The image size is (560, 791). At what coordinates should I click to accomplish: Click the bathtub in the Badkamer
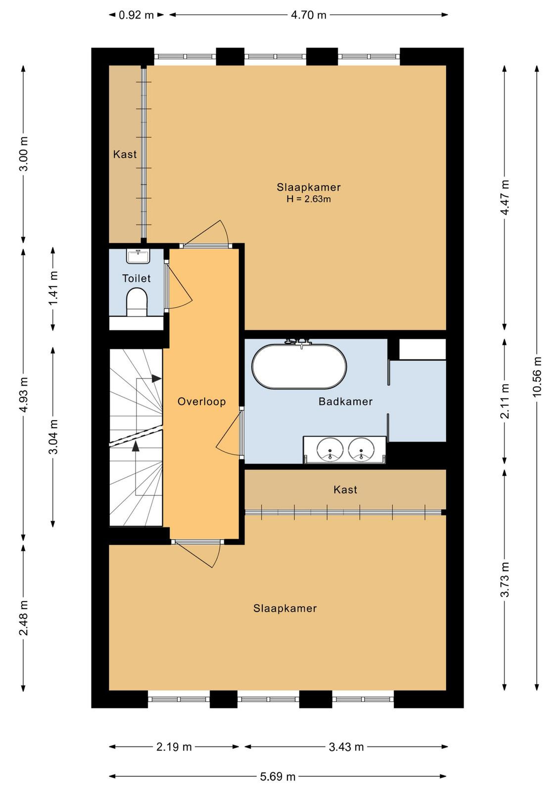pos(299,366)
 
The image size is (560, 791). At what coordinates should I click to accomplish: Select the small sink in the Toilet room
pos(139,256)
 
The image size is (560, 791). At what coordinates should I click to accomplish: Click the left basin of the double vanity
pos(330,449)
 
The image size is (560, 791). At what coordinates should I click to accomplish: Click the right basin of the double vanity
pos(362,449)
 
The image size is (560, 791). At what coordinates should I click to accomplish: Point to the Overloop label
pos(201,401)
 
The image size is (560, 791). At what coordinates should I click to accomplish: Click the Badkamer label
pos(345,401)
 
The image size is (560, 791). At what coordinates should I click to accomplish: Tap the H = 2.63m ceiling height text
pos(308,199)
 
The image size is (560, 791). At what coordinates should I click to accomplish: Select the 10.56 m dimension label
pos(537,377)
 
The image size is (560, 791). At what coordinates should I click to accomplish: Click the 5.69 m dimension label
pos(278,777)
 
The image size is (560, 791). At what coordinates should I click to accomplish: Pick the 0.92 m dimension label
pos(136,15)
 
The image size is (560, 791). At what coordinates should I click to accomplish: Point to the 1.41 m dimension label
pos(53,289)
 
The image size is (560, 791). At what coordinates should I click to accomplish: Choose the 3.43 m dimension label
pos(346,747)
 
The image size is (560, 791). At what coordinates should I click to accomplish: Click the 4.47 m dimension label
pos(505,197)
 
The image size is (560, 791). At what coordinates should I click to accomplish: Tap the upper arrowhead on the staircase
pos(156,378)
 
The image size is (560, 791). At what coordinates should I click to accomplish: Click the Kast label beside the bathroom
pos(345,490)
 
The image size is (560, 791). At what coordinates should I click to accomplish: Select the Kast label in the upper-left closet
pos(125,154)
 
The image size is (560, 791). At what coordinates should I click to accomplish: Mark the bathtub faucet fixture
pos(299,342)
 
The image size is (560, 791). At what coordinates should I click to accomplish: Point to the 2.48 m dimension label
pos(24,617)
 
